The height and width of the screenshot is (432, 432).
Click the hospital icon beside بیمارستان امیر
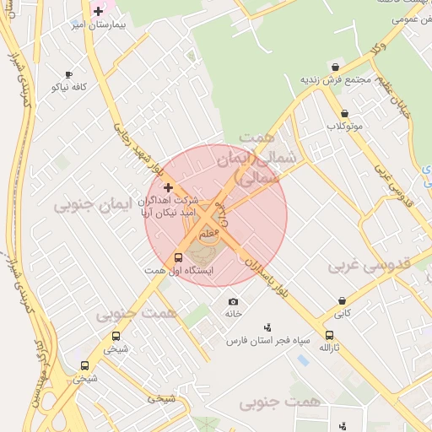coord(99,12)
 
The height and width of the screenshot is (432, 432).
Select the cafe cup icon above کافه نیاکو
coord(68,74)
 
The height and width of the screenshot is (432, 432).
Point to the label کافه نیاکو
coord(70,87)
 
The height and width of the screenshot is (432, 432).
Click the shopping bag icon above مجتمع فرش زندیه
coord(336,67)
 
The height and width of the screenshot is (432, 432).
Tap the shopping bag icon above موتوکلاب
coord(344,113)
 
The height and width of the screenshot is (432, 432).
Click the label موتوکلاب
coord(344,127)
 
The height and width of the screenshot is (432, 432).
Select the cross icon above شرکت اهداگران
coord(168,187)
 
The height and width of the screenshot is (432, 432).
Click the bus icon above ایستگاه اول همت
coord(178,257)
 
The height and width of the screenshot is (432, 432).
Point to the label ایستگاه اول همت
coord(180,270)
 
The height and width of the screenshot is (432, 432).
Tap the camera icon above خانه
coord(233,301)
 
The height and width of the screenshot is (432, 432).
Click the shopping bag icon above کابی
coord(342,300)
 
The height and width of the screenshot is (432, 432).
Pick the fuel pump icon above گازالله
coord(329,335)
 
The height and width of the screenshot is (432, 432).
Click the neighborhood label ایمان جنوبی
coord(84,205)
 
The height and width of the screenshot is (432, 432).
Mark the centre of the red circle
coord(216,216)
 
